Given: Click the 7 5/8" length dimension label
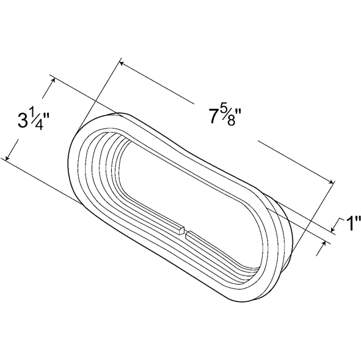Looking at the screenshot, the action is click(x=225, y=117).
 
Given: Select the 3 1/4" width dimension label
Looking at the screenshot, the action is click(x=34, y=120).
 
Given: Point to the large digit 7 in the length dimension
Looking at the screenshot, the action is click(x=214, y=117).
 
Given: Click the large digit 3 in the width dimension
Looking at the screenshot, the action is click(x=23, y=120).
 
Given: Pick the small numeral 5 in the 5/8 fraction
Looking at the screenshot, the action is click(x=224, y=112).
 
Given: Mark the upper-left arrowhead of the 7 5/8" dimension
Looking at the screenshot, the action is click(x=122, y=63).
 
